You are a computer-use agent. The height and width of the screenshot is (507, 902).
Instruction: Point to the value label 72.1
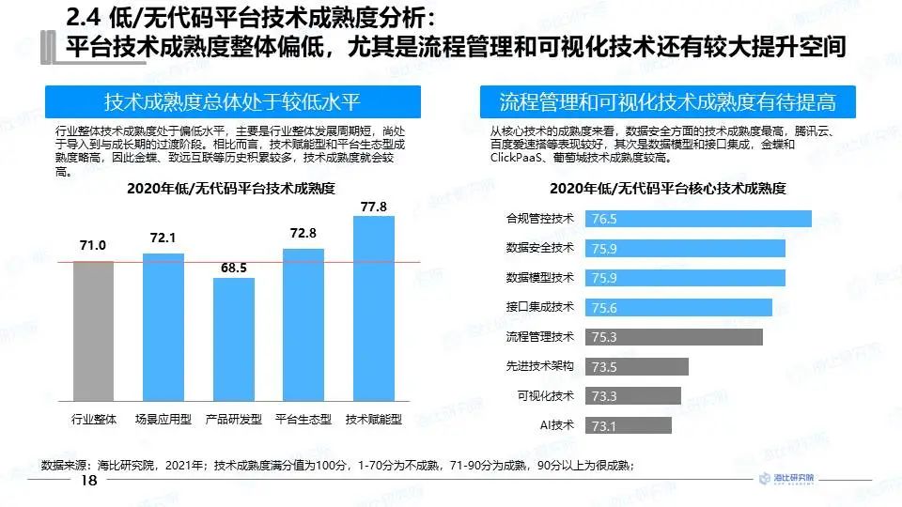click(163, 238)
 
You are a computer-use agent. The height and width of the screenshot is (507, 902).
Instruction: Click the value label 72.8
click(303, 233)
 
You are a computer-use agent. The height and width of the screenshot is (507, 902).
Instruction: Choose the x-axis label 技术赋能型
click(374, 420)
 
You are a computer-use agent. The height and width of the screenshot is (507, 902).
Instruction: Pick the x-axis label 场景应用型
click(163, 420)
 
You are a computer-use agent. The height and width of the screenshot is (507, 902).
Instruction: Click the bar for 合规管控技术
click(700, 219)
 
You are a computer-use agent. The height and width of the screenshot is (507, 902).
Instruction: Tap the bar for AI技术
click(630, 426)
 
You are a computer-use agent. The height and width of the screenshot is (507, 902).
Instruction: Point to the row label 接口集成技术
click(539, 307)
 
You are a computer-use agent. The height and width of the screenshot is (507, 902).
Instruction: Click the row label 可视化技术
click(545, 395)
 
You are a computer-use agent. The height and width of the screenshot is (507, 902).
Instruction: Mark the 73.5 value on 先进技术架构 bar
click(604, 367)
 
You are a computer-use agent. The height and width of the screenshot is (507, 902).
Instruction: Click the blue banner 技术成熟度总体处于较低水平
click(232, 101)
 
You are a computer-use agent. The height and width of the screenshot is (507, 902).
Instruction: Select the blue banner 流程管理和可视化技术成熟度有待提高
click(667, 101)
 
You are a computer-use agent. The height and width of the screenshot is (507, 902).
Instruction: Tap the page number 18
click(89, 481)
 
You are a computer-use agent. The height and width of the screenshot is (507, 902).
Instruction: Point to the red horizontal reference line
click(235, 262)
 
